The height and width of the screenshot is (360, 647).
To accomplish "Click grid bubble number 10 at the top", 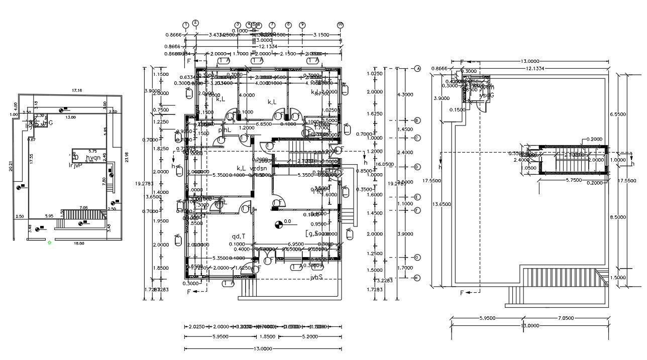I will (340, 24).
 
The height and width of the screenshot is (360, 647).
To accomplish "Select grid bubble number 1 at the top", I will (185, 25).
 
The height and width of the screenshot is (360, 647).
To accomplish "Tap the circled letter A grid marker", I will (417, 69).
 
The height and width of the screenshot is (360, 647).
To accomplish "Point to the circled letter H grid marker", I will (417, 278).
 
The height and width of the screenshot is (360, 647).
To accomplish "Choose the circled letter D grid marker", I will (417, 167).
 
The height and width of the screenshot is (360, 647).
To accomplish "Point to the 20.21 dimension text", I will (11, 166).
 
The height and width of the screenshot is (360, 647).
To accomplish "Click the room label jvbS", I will (316, 277).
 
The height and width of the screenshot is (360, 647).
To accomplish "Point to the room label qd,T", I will (238, 236).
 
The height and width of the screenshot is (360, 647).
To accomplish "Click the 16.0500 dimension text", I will (385, 164).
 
